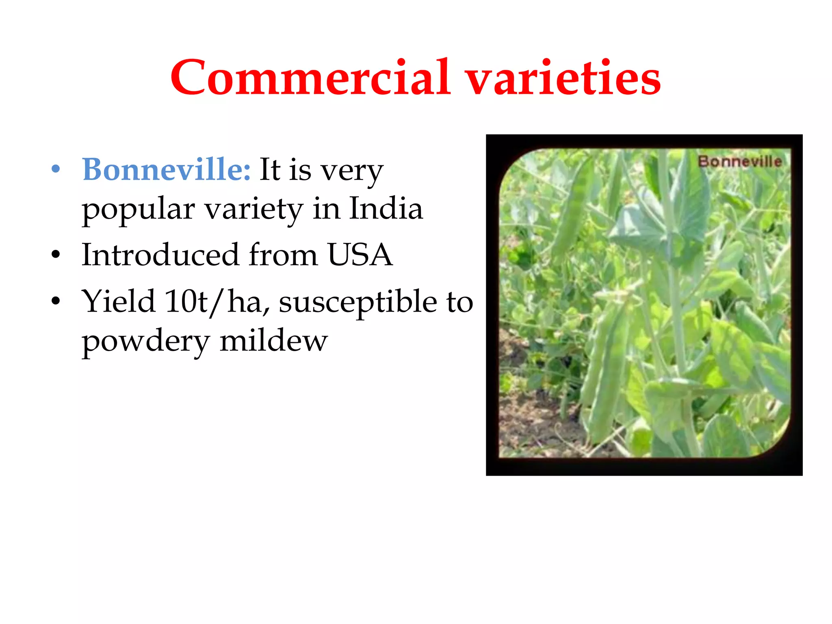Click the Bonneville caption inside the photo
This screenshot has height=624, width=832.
pyautogui.click(x=740, y=162)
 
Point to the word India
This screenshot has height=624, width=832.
pyautogui.click(x=386, y=208)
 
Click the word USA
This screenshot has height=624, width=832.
pyautogui.click(x=360, y=255)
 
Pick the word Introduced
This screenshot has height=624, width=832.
pyautogui.click(x=160, y=255)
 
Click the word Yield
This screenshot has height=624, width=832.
pyautogui.click(x=118, y=301)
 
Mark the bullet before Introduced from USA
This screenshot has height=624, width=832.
pyautogui.click(x=56, y=255)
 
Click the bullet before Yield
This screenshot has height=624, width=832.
pyautogui.click(x=56, y=301)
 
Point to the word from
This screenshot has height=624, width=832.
pyautogui.click(x=283, y=255)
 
